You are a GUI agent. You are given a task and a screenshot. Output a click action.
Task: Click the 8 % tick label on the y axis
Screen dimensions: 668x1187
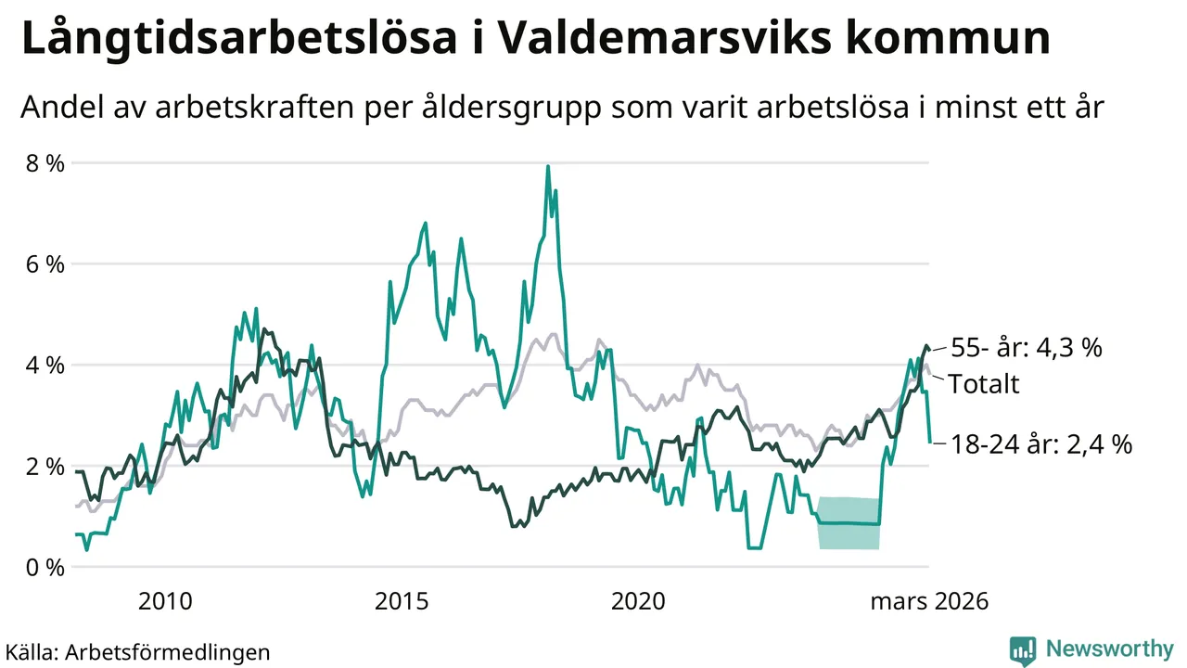[x=45, y=163]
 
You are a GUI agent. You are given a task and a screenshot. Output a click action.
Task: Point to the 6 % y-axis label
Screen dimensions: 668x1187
[x=45, y=264]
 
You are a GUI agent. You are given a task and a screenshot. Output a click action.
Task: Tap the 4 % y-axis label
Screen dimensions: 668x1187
[x=45, y=366]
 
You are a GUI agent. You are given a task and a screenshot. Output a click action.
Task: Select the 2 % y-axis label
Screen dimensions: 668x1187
[x=45, y=466]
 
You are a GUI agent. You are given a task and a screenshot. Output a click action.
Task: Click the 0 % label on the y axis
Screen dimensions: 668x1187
[x=45, y=567]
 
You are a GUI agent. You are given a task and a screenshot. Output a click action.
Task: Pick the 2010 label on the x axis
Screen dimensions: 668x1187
[x=165, y=601]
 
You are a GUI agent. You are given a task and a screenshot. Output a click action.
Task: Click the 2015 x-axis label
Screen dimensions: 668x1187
[x=402, y=601]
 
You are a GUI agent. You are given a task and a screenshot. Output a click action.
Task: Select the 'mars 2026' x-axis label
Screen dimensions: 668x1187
[x=928, y=601]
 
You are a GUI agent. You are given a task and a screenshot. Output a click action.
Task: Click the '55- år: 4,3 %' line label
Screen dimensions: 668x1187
[x=1026, y=348]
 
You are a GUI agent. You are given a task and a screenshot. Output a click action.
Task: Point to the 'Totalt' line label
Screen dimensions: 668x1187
[x=983, y=383]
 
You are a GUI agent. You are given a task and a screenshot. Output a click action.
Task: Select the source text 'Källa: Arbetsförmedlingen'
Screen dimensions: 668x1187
[x=138, y=651]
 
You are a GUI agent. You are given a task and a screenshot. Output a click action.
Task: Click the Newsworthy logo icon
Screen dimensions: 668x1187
[x=1023, y=649]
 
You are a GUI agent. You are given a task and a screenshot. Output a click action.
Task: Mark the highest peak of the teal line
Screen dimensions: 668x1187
[x=548, y=167]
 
